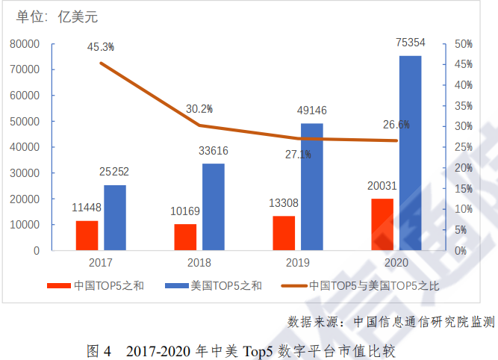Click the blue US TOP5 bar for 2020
tap(410, 153)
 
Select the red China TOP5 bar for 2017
tap(87, 235)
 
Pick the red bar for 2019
tap(284, 233)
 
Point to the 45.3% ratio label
tap(100, 47)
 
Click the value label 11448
tap(87, 208)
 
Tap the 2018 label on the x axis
tap(199, 263)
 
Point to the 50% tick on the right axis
tap(464, 44)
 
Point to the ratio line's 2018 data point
tap(199, 125)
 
